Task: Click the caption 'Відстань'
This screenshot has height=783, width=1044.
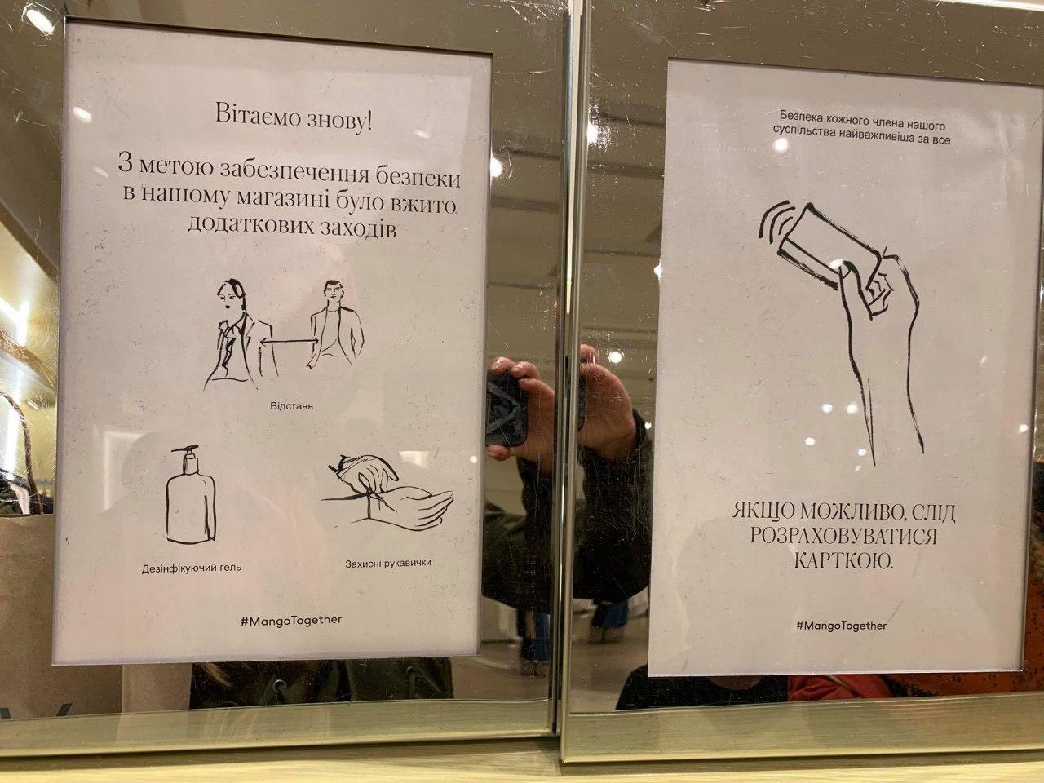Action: [291, 405]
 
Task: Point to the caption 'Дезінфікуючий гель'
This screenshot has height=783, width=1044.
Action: [192, 567]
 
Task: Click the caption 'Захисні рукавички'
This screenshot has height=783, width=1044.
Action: [387, 562]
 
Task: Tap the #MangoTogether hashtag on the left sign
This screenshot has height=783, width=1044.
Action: [291, 620]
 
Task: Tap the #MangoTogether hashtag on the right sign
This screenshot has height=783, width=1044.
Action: [840, 626]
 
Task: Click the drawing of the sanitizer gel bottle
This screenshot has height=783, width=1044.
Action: [192, 499]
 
